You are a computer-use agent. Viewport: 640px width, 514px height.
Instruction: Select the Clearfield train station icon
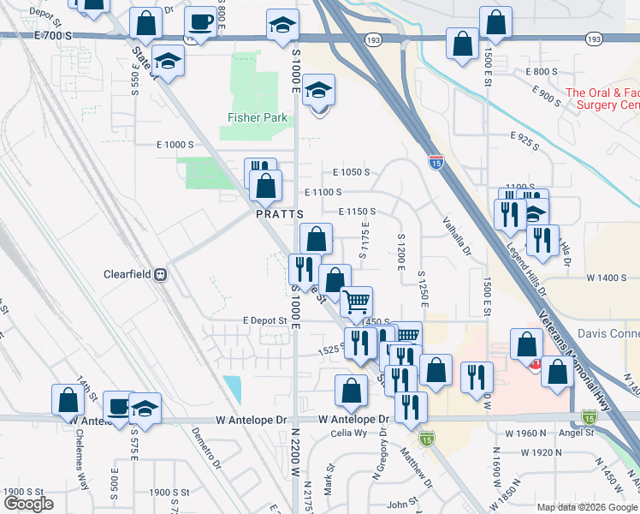tap(160, 275)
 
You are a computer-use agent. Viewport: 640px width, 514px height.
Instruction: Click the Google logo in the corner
tap(28, 504)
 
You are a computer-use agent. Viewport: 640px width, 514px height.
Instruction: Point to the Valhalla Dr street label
tap(456, 235)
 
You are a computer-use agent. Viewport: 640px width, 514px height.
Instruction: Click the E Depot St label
tap(264, 320)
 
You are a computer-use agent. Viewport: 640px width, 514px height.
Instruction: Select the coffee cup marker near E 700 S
tap(200, 22)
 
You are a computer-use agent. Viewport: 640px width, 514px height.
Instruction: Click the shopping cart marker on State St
tap(356, 301)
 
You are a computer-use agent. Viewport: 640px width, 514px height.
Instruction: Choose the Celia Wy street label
tap(349, 433)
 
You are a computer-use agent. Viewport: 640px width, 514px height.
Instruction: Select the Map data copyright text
tap(587, 507)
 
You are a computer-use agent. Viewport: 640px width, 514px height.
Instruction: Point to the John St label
tap(400, 505)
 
